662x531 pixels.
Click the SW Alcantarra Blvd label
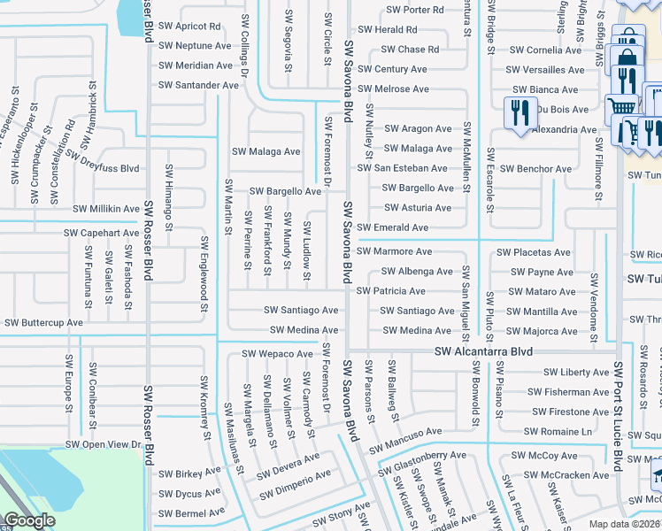[x=484, y=351]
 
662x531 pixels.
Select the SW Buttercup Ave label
[x=42, y=323]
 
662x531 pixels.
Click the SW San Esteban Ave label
[x=402, y=168]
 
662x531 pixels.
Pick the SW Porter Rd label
[x=415, y=10]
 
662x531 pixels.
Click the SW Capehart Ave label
[x=101, y=233]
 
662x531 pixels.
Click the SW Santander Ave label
[x=198, y=85]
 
